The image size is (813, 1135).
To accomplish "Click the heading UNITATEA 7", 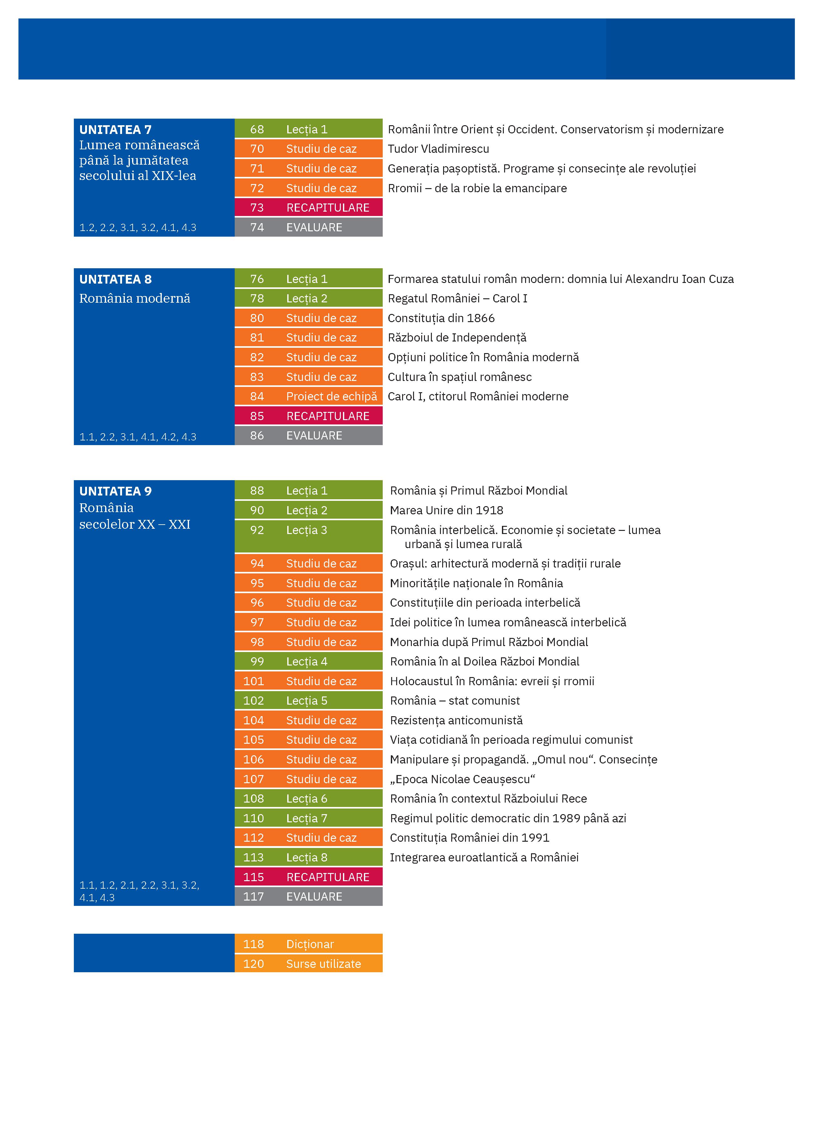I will [115, 130].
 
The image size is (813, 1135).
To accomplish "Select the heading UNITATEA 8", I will [115, 279].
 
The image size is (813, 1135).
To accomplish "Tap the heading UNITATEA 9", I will [115, 491].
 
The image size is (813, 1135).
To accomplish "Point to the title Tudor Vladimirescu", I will [438, 149].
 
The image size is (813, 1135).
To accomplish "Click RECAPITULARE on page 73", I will [328, 208].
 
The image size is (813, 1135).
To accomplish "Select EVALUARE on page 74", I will [314, 227].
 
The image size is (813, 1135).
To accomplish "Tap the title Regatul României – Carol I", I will [457, 298].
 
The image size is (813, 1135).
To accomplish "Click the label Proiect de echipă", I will [331, 396].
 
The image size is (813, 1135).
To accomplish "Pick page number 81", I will [257, 338].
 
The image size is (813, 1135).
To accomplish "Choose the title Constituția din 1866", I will [441, 318].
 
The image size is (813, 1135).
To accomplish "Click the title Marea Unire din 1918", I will [446, 511].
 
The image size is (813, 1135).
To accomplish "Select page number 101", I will [254, 681].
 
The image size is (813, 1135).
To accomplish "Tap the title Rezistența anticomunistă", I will [456, 720].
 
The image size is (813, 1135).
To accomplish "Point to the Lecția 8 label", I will [307, 857].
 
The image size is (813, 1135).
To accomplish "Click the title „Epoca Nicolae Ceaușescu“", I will [462, 779].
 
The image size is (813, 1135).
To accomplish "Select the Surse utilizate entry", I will [323, 964].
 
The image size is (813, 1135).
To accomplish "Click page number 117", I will [254, 896].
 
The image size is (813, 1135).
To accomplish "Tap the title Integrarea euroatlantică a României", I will [484, 857].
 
